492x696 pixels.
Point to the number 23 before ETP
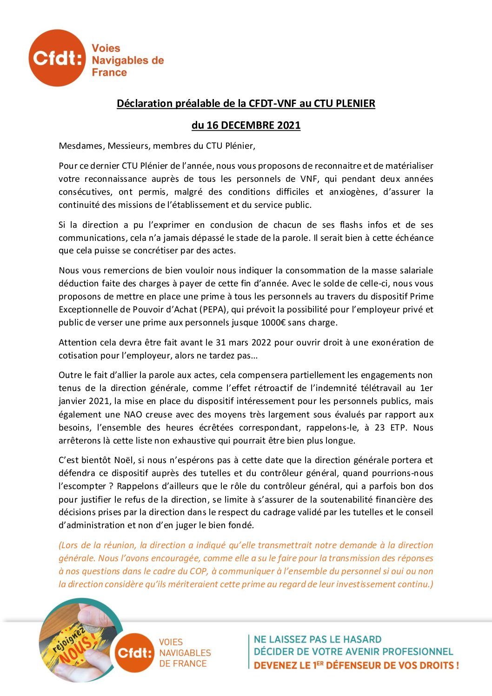click(x=379, y=427)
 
